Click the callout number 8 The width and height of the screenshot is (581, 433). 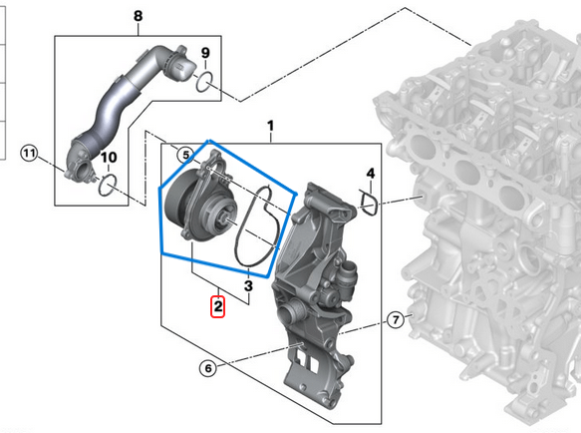tap(138, 16)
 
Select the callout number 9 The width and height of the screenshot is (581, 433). tap(205, 53)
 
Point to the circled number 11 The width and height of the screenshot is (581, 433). tap(29, 153)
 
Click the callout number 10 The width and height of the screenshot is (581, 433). tap(109, 158)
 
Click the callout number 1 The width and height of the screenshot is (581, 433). tap(271, 126)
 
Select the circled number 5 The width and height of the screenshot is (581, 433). tap(186, 155)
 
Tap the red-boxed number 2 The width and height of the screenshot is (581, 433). tap(218, 306)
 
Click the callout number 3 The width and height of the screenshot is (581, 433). tap(248, 286)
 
